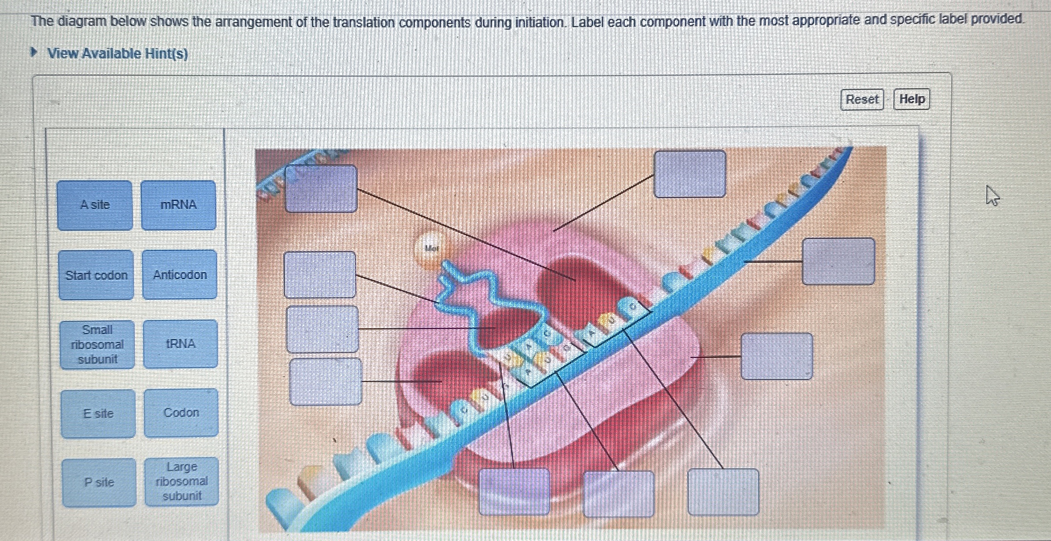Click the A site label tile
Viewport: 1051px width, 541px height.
point(95,205)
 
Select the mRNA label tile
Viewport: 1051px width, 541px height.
point(179,205)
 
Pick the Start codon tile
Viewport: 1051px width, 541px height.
point(96,275)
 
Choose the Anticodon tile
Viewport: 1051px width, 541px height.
point(180,275)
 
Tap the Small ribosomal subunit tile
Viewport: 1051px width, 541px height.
point(97,344)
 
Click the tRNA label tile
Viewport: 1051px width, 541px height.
point(180,344)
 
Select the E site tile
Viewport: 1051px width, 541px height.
point(98,413)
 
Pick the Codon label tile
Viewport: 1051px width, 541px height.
point(181,412)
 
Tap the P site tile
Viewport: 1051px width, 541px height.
point(99,482)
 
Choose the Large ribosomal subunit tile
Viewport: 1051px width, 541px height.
point(182,481)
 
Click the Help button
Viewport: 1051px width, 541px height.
point(912,99)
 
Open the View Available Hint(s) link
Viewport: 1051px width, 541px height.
point(118,54)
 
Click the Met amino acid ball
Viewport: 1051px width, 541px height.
point(431,248)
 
